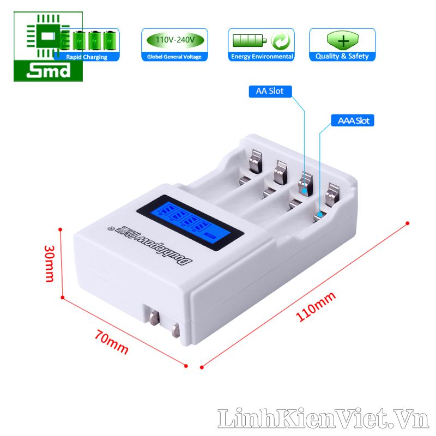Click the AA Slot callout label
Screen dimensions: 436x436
[x=270, y=91]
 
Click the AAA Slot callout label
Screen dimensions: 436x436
[x=353, y=120]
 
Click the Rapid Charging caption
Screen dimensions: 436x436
[x=87, y=57]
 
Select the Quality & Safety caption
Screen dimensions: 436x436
[x=342, y=56]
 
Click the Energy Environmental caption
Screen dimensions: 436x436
[x=262, y=57]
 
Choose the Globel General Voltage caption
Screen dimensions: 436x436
[x=174, y=57]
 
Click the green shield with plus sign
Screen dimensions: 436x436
[x=342, y=40]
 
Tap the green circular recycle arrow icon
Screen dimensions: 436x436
[x=281, y=41]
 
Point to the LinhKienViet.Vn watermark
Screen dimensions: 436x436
[x=322, y=419]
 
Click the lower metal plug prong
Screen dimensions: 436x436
[x=175, y=330]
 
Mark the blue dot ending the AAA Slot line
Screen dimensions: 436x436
[x=320, y=216]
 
